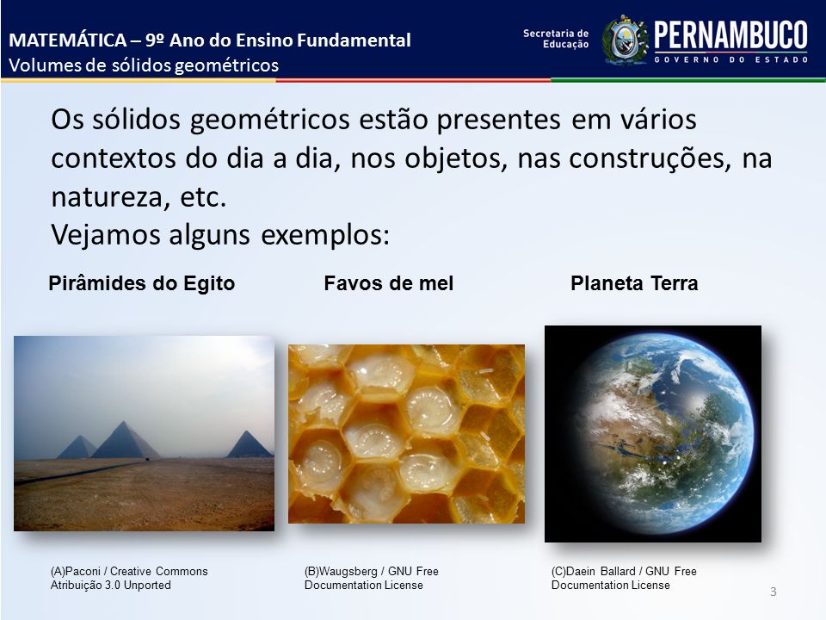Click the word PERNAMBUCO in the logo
pyautogui.click(x=730, y=35)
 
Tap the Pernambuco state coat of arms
pyautogui.click(x=626, y=40)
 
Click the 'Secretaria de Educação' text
pyautogui.click(x=556, y=39)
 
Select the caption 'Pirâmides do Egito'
pyautogui.click(x=142, y=283)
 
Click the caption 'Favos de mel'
pyautogui.click(x=389, y=283)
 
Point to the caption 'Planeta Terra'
pyautogui.click(x=634, y=283)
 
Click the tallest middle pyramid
pyautogui.click(x=126, y=440)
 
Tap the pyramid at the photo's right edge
pyautogui.click(x=250, y=444)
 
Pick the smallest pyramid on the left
pyautogui.click(x=77, y=447)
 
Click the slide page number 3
pyautogui.click(x=774, y=592)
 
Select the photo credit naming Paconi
pyautogui.click(x=129, y=579)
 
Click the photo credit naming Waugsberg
pyautogui.click(x=372, y=579)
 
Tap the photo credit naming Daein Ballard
pyautogui.click(x=624, y=579)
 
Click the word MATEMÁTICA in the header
pyautogui.click(x=68, y=40)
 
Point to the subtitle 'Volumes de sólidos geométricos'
pyautogui.click(x=144, y=65)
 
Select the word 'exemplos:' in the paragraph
pyautogui.click(x=325, y=235)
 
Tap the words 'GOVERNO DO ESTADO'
pyautogui.click(x=730, y=59)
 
